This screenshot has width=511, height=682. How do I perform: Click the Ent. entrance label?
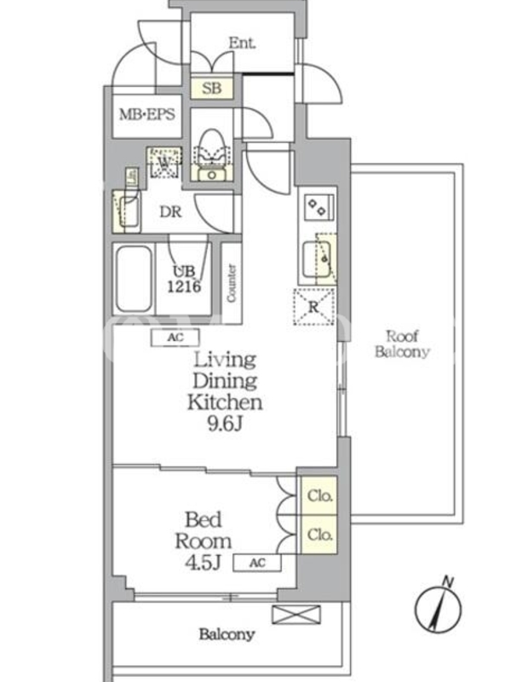242,43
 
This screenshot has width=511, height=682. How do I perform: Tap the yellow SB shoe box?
212,89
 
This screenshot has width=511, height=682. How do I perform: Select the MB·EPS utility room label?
146,114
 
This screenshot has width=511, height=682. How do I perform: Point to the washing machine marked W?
164,162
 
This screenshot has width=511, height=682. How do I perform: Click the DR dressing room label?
170,211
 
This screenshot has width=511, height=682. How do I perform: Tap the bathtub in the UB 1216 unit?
134,278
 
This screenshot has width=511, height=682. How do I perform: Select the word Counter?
231,283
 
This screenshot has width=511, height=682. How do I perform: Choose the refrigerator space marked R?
314,306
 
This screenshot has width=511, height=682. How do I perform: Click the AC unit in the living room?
175,337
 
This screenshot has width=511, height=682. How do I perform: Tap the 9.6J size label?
225,423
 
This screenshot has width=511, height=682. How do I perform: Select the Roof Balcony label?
402,344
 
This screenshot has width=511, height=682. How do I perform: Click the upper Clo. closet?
319,496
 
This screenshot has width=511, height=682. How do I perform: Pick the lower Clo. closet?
319,535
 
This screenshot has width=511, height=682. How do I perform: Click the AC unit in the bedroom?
257,563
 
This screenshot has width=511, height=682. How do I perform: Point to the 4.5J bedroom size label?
203,563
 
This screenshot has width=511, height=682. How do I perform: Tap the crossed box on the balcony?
296,615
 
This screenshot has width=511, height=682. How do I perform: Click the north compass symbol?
438,607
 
